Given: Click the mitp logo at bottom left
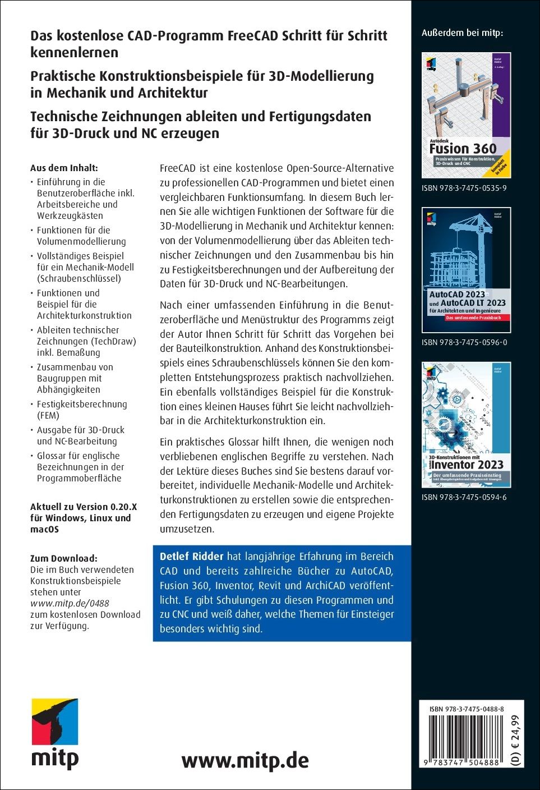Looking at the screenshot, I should [x=54, y=733].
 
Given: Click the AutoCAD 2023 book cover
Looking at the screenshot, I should [x=466, y=270].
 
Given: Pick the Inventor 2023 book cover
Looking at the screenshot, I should [x=466, y=425].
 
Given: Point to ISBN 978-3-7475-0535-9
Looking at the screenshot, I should [x=464, y=188].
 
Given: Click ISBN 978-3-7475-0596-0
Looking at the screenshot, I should [x=464, y=342].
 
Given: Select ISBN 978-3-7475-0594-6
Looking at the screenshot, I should [x=464, y=497].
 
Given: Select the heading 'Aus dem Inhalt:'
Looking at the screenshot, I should [x=64, y=168].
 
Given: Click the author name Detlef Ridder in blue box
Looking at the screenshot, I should [x=191, y=557].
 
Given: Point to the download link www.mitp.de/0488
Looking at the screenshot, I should [x=70, y=603].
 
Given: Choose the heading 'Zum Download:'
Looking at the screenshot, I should [x=63, y=558].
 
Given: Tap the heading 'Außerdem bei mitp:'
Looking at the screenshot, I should [x=462, y=33].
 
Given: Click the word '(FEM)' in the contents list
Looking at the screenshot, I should [x=48, y=415].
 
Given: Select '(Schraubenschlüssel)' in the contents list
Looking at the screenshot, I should [x=79, y=278].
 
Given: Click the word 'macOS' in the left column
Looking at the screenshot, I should [x=44, y=529].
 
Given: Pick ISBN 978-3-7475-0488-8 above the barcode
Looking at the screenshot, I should [x=466, y=709].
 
